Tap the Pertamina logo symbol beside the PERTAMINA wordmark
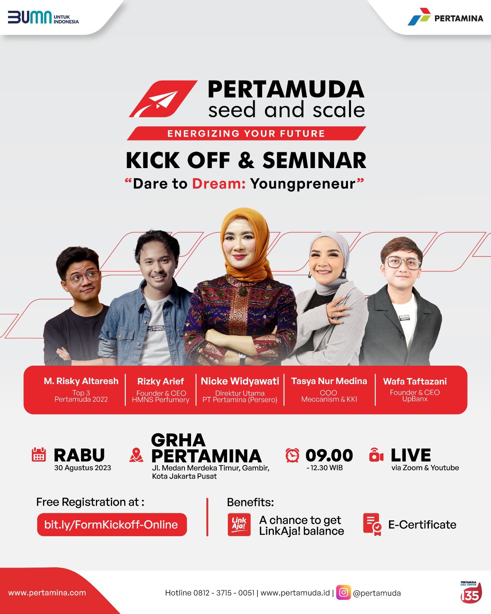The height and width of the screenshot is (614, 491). point(419,17)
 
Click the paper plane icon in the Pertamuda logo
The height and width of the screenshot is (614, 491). point(163,99)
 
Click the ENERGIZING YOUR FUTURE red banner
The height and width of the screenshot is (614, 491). point(246,134)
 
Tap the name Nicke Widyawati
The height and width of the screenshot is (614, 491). point(240,381)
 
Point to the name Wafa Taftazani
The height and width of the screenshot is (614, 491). point(415,381)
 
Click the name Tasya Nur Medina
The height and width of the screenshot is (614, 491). point(329,381)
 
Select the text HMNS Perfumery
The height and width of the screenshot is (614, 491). point(161,400)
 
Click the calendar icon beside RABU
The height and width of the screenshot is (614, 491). point(39,454)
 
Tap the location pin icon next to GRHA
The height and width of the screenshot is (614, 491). point(136,455)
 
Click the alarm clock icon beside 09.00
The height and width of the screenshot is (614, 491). point(292,455)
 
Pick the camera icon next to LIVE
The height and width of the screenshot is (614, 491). point(376,455)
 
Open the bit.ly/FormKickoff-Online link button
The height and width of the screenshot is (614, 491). point(112,525)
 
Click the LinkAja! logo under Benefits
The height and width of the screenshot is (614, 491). point(239,525)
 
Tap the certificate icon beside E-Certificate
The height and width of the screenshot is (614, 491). point(372,525)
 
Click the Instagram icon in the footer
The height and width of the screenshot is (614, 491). point(343,593)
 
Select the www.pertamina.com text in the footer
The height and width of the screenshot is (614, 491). point(47,593)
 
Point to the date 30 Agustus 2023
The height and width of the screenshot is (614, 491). point(82,468)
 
